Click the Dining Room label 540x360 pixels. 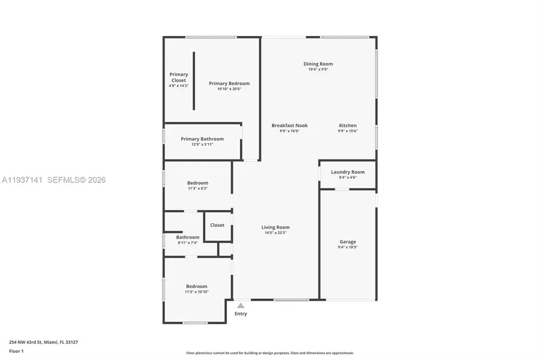(x=318, y=64)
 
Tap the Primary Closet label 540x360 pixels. (x=179, y=77)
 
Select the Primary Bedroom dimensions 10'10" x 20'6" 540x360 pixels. (x=229, y=89)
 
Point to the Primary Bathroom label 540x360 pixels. (x=202, y=139)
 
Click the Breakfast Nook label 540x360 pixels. (x=289, y=125)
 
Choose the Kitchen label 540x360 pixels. (x=347, y=125)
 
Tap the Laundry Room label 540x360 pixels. (x=347, y=172)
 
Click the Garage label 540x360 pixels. (x=347, y=242)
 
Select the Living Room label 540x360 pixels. (x=275, y=227)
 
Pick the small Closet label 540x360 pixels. (x=217, y=225)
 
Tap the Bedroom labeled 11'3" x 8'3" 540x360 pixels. (x=197, y=183)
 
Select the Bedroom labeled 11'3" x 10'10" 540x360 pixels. (x=196, y=286)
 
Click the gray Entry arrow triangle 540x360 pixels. (x=241, y=305)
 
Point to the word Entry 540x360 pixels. (x=241, y=314)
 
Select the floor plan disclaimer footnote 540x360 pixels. (x=270, y=353)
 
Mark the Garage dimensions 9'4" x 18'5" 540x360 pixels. (x=347, y=247)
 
